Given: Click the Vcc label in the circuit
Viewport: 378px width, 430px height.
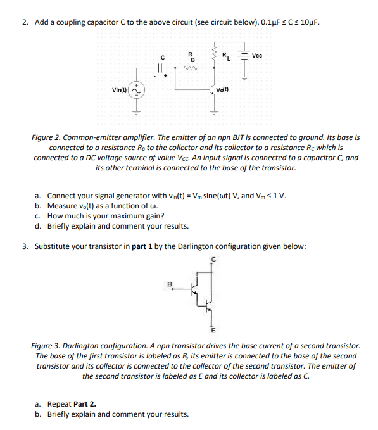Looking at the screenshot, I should click(x=256, y=55).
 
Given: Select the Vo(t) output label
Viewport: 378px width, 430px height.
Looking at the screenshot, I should click(x=222, y=89).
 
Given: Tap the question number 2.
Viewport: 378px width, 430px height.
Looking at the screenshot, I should click(x=24, y=23).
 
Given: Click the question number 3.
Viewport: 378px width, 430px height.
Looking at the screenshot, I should click(x=24, y=246).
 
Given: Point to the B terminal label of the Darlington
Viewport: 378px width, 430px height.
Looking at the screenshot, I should click(x=170, y=284).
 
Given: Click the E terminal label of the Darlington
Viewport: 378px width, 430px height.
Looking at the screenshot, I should click(x=213, y=330).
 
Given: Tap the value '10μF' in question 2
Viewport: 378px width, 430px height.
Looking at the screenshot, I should click(x=306, y=23).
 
